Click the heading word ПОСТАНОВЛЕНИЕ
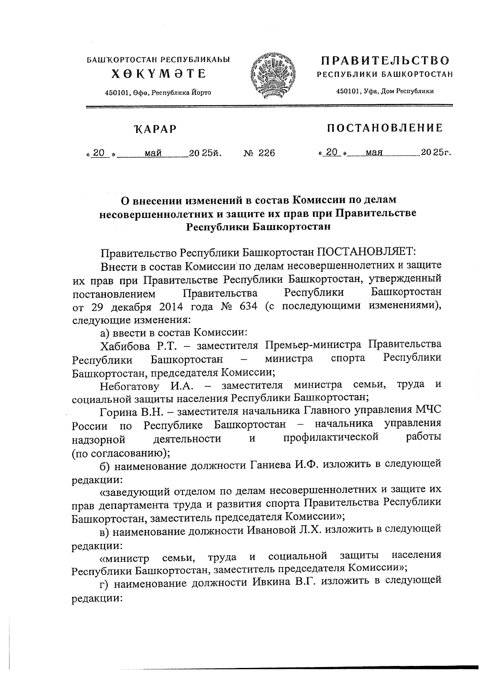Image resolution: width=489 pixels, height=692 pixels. click(385, 128)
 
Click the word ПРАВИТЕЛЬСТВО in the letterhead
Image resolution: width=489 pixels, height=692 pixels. click(385, 61)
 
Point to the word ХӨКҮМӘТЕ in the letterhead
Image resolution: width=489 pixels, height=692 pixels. click(159, 74)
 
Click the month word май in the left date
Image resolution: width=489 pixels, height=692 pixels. click(154, 153)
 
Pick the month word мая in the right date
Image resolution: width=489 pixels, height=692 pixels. click(374, 153)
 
